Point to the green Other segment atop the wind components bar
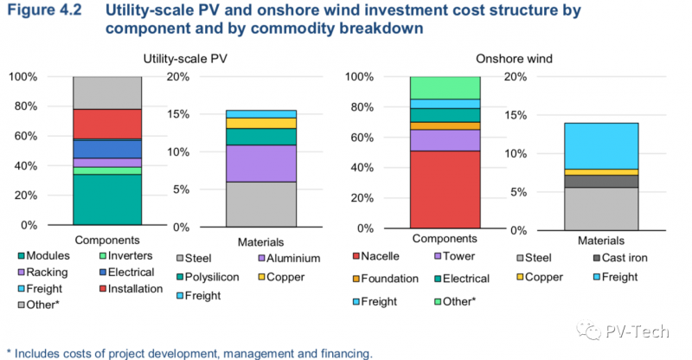pos(445,87)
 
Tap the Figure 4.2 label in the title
pos(46,11)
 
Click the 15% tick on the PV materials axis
pos(189,114)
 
